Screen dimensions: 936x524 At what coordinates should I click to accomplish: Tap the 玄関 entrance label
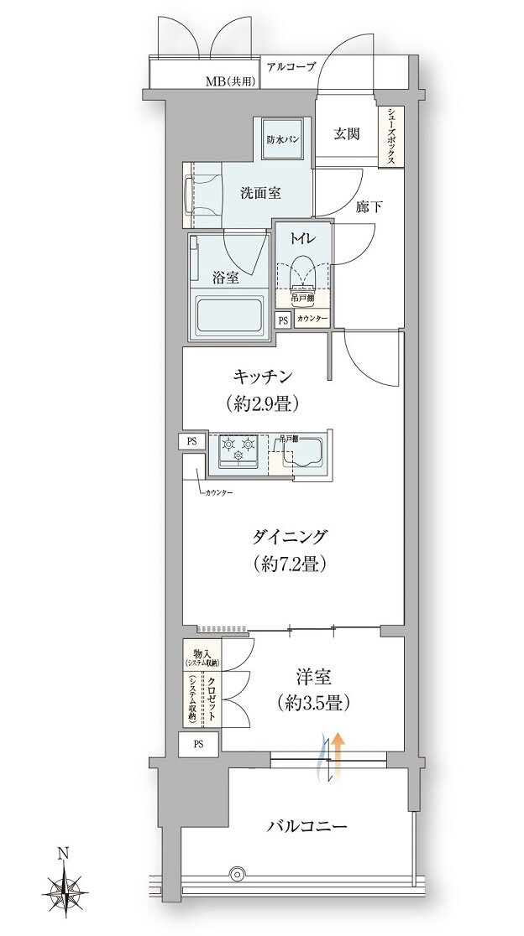coord(347,134)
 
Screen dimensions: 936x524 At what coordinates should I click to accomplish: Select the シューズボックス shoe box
coord(390,138)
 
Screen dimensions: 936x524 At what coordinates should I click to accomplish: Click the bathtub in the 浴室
coord(228,317)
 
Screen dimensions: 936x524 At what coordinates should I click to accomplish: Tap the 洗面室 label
coord(260,192)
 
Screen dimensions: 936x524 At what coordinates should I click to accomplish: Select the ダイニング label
coord(287,537)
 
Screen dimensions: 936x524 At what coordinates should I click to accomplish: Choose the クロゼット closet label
coord(212,699)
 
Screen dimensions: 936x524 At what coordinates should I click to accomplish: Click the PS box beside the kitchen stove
coord(191,441)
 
